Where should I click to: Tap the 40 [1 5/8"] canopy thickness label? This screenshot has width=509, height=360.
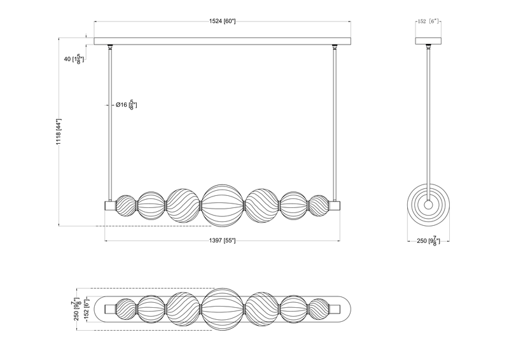[x=73, y=59]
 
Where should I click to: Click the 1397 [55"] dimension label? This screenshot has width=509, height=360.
[x=222, y=241]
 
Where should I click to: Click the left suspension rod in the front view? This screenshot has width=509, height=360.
[x=111, y=121]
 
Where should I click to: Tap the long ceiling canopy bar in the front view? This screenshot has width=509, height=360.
[x=222, y=41]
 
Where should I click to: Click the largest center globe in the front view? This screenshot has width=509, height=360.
[x=222, y=205]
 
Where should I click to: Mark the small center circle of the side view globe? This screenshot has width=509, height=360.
[x=429, y=205]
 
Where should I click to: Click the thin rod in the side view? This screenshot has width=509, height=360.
[x=429, y=114]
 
